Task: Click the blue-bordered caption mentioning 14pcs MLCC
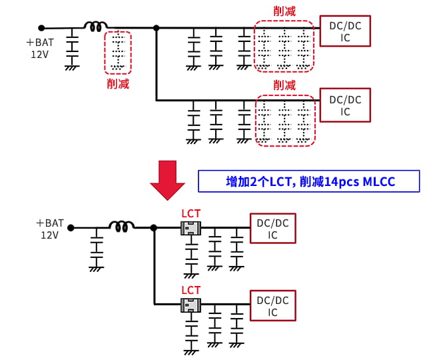309,181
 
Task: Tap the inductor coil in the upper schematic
95,27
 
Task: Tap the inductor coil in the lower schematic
121,227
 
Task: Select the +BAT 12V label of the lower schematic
50,229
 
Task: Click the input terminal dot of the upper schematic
41,28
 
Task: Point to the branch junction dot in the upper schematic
156,28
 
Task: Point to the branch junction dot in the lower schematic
154,227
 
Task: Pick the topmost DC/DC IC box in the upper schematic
345,31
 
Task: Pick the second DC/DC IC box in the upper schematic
345,105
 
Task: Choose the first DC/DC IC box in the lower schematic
272,229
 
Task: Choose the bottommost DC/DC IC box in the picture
272,306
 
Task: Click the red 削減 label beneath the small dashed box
118,84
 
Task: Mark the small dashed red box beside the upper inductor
118,52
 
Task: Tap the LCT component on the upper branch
191,228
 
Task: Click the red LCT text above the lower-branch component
191,290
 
